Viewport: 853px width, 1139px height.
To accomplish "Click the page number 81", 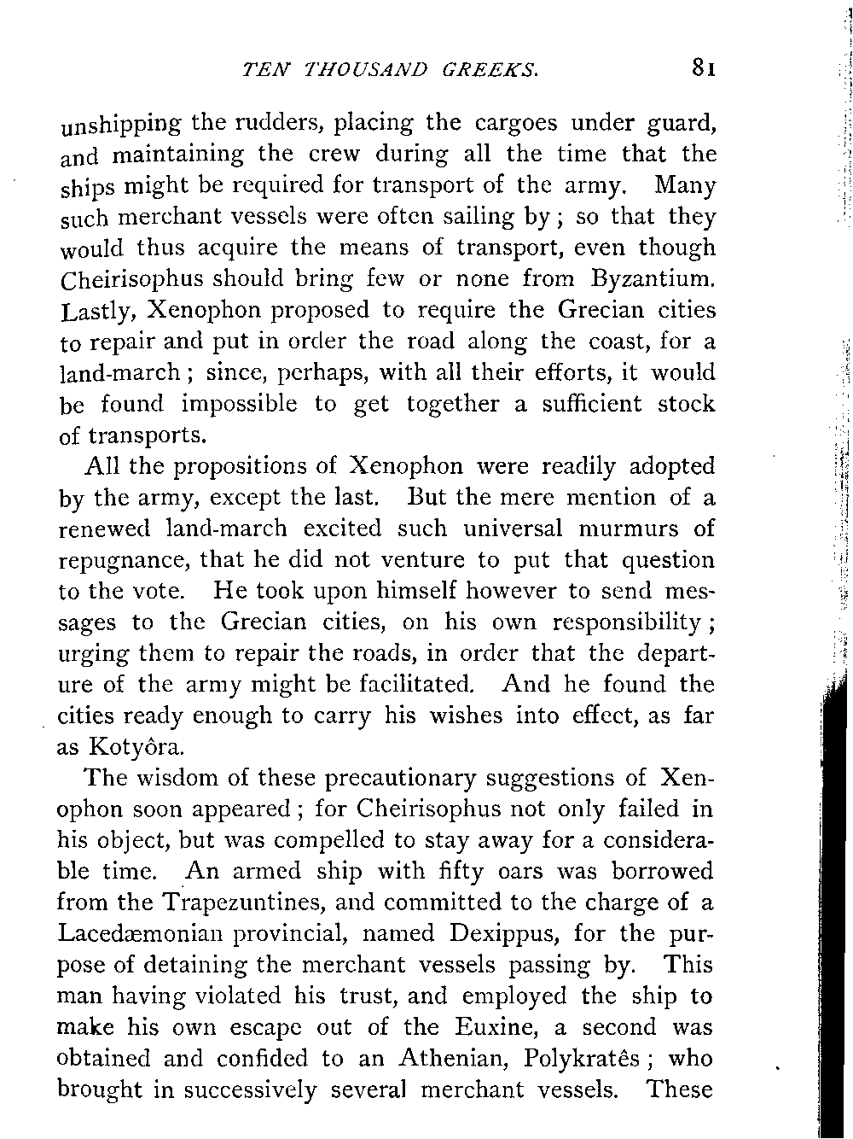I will [x=704, y=67].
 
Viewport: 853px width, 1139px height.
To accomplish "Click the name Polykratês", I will [x=583, y=1059].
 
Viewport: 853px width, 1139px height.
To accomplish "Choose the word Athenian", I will [x=444, y=1059].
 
